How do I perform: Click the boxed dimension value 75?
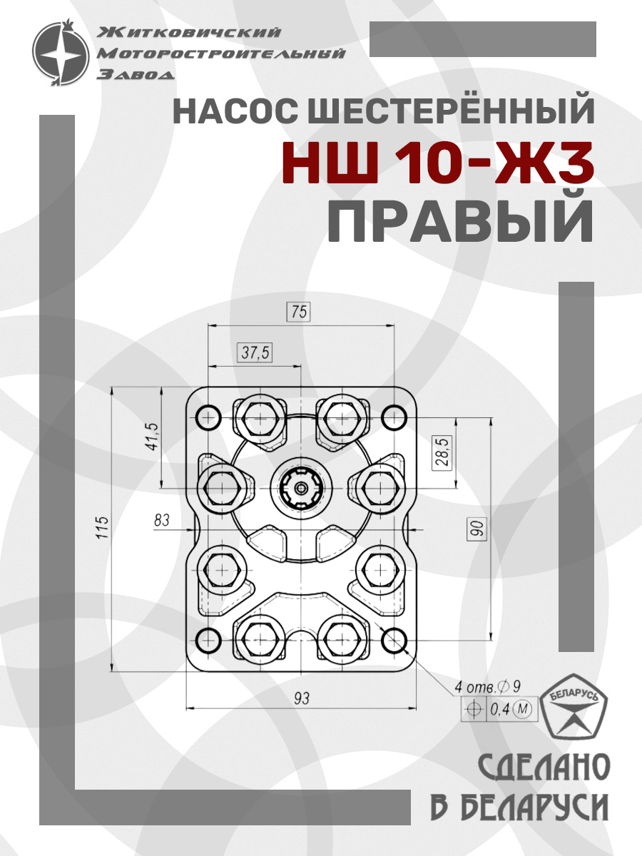point(299,312)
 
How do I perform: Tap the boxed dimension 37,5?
point(255,353)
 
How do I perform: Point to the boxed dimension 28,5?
point(442,452)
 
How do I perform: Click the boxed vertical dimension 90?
point(477,529)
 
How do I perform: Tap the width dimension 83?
point(162,520)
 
